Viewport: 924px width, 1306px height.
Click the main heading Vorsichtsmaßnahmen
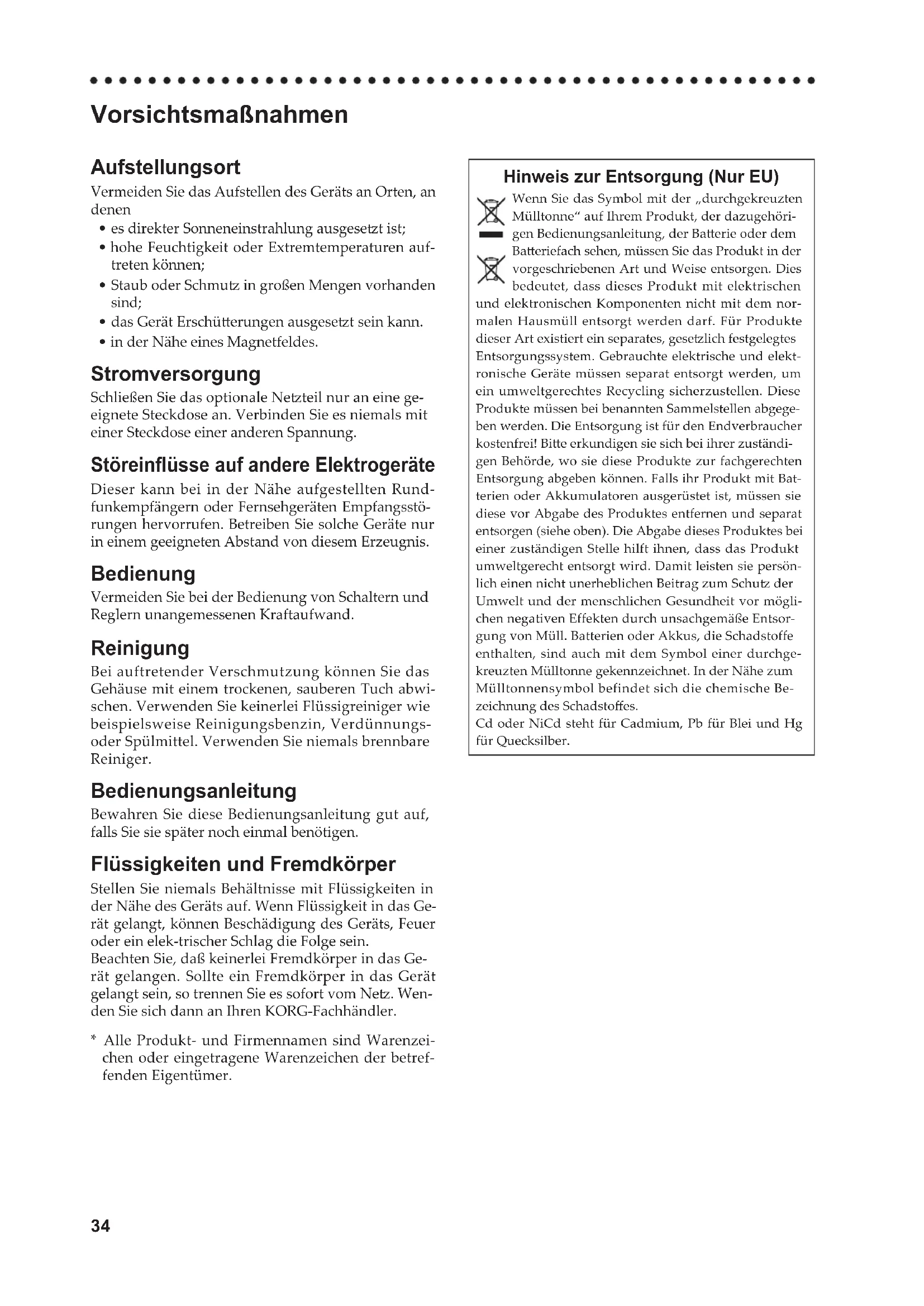(x=219, y=115)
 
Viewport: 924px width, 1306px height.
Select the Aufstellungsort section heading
(x=165, y=168)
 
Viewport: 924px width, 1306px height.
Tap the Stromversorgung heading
(x=175, y=374)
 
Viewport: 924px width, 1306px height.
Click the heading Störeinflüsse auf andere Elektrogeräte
(x=263, y=465)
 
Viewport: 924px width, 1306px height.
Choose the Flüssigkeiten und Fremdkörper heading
(x=243, y=864)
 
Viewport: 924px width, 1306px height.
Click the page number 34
(x=100, y=1226)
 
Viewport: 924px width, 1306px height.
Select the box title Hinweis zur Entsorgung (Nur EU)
(x=641, y=177)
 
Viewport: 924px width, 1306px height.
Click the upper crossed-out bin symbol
(x=490, y=211)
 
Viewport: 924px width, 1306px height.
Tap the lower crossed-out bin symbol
(x=490, y=270)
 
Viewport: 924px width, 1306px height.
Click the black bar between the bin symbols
(x=490, y=235)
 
